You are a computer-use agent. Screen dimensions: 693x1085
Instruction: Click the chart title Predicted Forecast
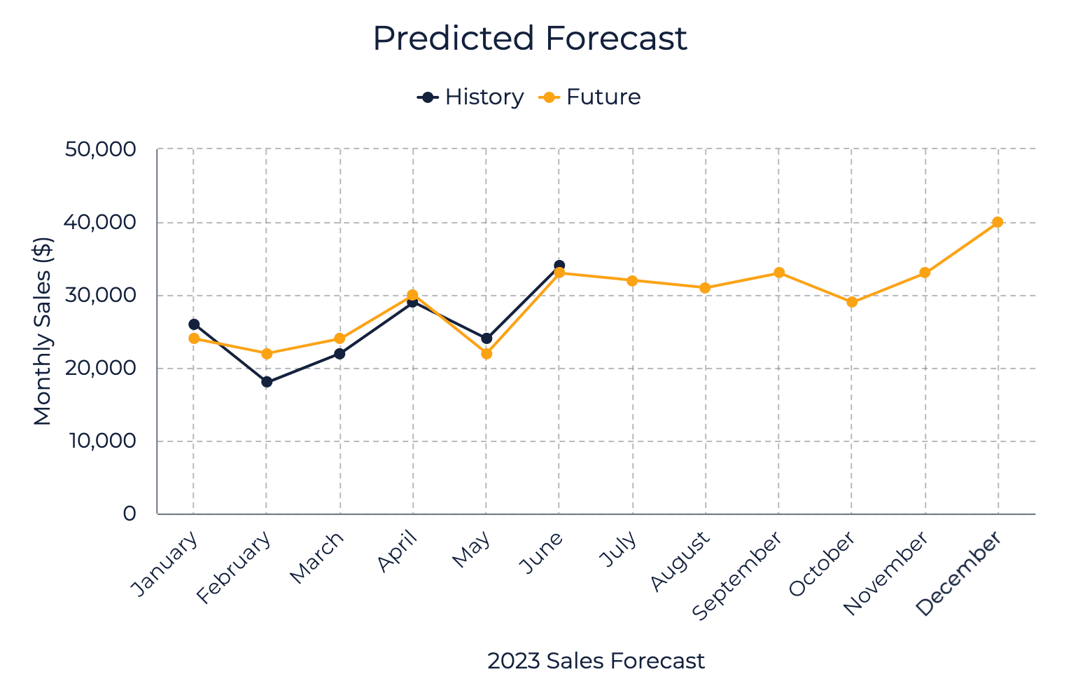click(x=529, y=39)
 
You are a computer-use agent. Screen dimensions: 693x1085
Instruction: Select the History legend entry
click(x=470, y=97)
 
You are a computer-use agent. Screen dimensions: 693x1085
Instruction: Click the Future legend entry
click(x=590, y=97)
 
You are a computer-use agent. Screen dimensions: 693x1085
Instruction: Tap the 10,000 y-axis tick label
click(x=102, y=441)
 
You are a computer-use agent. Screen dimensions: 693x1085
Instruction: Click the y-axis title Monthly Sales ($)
click(x=43, y=331)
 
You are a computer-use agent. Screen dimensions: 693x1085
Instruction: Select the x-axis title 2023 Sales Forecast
click(x=596, y=661)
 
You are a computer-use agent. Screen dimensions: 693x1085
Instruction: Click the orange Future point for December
click(x=997, y=222)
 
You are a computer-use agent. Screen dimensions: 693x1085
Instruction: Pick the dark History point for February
click(x=267, y=382)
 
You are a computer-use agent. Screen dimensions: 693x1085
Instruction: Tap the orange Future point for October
click(x=852, y=302)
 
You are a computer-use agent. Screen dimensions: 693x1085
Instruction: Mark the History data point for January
click(x=194, y=324)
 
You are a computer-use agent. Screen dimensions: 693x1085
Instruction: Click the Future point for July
click(x=632, y=280)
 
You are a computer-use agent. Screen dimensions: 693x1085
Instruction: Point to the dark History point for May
click(x=486, y=338)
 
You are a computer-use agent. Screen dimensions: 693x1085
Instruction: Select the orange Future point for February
click(x=267, y=353)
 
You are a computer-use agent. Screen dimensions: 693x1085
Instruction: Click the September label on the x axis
click(x=737, y=576)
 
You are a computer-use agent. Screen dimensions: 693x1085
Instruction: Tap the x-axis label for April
click(x=398, y=552)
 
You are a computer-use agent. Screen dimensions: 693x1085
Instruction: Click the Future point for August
click(x=705, y=287)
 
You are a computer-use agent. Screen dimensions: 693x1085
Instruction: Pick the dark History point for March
click(x=339, y=353)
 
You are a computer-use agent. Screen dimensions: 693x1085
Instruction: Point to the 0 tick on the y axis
click(x=129, y=514)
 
